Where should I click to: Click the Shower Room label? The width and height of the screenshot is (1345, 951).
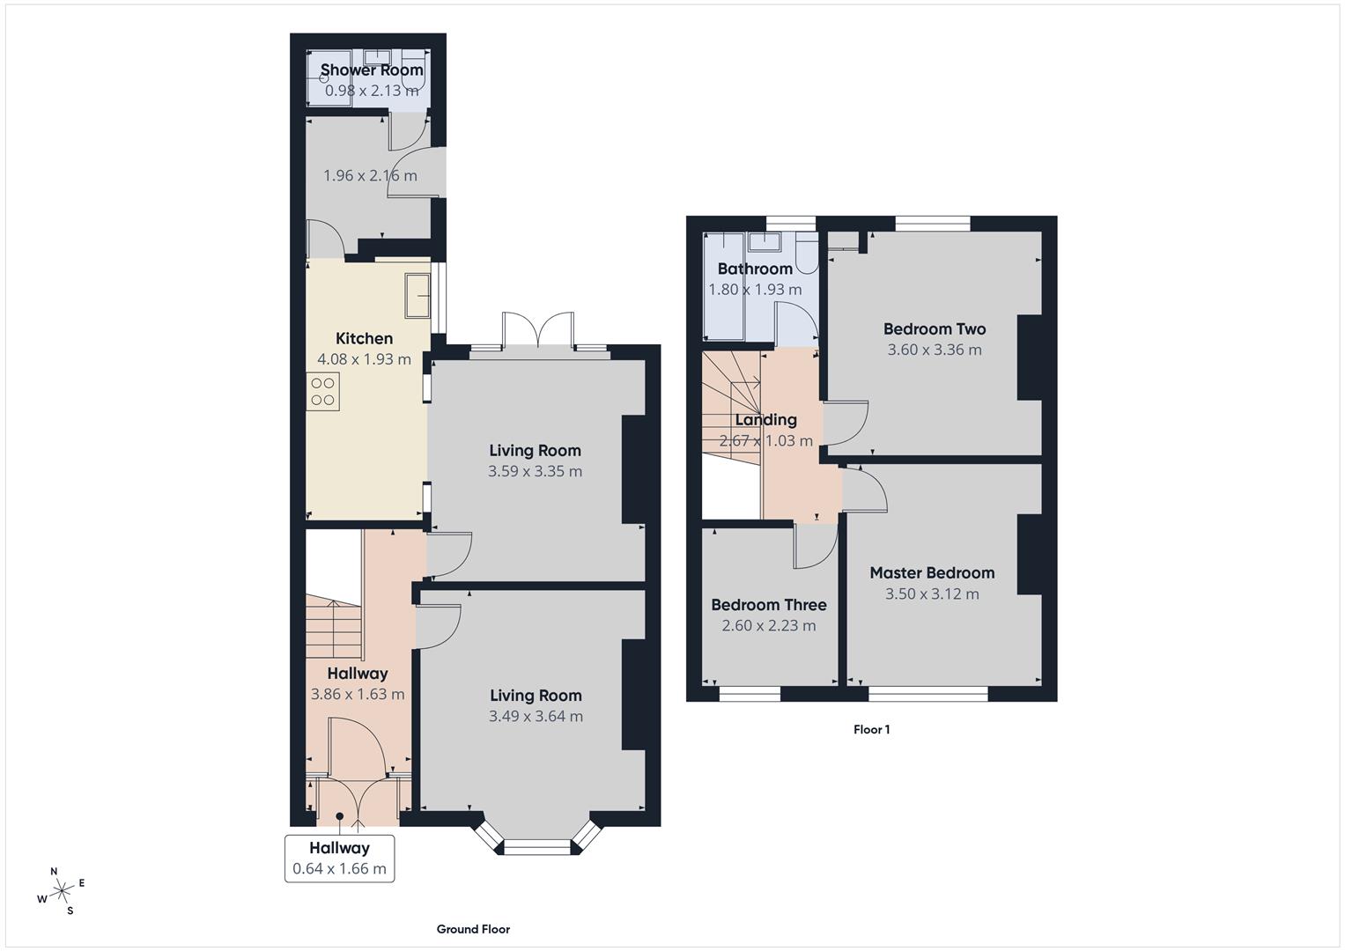tap(372, 70)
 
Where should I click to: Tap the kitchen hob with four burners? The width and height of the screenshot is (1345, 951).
tap(323, 391)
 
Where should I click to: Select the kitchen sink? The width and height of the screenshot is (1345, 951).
tap(418, 295)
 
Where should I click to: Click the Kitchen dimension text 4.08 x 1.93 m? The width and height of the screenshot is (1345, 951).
tap(364, 359)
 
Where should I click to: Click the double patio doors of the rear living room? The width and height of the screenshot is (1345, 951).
tap(539, 333)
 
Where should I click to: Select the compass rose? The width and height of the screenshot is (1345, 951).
tap(62, 892)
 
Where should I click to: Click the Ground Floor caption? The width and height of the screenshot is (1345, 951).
tap(473, 929)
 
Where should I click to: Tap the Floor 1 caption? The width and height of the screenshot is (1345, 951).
tap(871, 729)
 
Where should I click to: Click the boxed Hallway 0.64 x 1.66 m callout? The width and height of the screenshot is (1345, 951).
tap(339, 859)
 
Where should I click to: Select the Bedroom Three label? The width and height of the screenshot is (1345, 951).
tap(768, 605)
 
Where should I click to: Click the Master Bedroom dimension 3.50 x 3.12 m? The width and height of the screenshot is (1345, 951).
tap(932, 593)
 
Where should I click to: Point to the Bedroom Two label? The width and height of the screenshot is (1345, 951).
tap(935, 329)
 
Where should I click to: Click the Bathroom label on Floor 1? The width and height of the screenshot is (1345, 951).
tap(755, 269)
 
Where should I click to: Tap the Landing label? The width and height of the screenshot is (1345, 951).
tap(765, 420)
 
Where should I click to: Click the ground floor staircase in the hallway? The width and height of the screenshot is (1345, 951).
tap(334, 628)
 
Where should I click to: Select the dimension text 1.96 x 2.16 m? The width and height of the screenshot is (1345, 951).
tap(370, 175)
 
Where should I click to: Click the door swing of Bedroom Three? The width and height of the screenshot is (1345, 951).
tap(814, 547)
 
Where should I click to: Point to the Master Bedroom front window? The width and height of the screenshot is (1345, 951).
tap(927, 694)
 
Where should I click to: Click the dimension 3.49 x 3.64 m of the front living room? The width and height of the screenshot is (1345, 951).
tap(536, 716)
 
